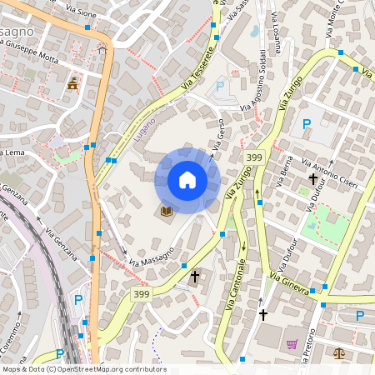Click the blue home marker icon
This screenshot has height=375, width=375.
coord(187,180)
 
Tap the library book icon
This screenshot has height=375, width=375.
coord(167,212)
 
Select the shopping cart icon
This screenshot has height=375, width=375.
coord(292,344)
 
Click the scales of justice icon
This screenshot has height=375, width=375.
coord(338,353)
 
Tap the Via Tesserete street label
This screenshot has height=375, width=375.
coord(198,67)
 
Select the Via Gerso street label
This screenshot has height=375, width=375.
coord(219,132)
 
